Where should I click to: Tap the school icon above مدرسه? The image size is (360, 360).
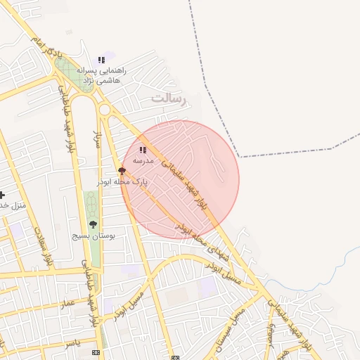[143, 150]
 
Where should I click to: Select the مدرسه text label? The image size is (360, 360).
[143, 160]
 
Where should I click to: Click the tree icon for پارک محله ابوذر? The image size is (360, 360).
[122, 171]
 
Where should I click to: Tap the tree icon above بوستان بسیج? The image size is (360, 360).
[93, 224]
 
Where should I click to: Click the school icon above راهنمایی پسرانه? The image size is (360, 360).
[101, 60]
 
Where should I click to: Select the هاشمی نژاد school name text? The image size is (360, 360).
[101, 81]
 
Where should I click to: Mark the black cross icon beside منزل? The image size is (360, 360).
[2, 195]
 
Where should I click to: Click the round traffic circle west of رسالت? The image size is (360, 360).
[105, 109]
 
